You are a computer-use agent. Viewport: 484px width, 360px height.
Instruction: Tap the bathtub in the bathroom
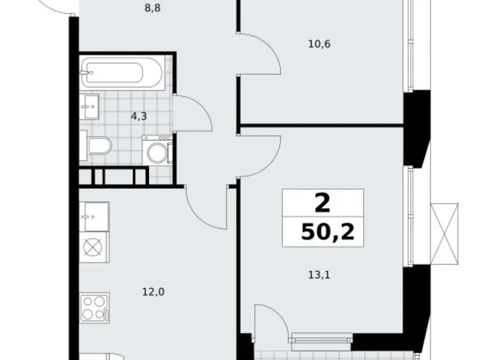[122, 74]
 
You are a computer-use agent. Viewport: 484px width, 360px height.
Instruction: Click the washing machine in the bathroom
[157, 150]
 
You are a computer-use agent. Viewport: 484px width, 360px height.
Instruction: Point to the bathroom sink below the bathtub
[90, 106]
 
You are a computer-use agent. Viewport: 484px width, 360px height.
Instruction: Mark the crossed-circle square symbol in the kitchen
[93, 246]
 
